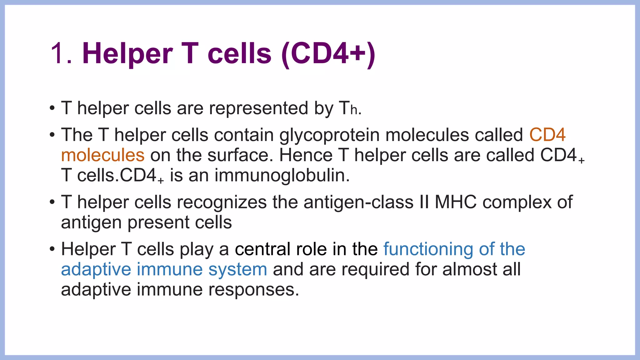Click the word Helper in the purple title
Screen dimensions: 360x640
pos(127,54)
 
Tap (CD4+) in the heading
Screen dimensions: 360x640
pos(328,54)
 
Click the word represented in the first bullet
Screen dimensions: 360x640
pos(258,108)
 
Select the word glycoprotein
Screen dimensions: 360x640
pos(329,135)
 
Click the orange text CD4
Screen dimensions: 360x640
pos(547,135)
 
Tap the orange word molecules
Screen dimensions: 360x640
pos(103,155)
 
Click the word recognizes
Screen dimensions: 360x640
pos(222,202)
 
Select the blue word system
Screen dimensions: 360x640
pos(237,270)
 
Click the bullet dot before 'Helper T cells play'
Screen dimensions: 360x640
pos(52,250)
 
